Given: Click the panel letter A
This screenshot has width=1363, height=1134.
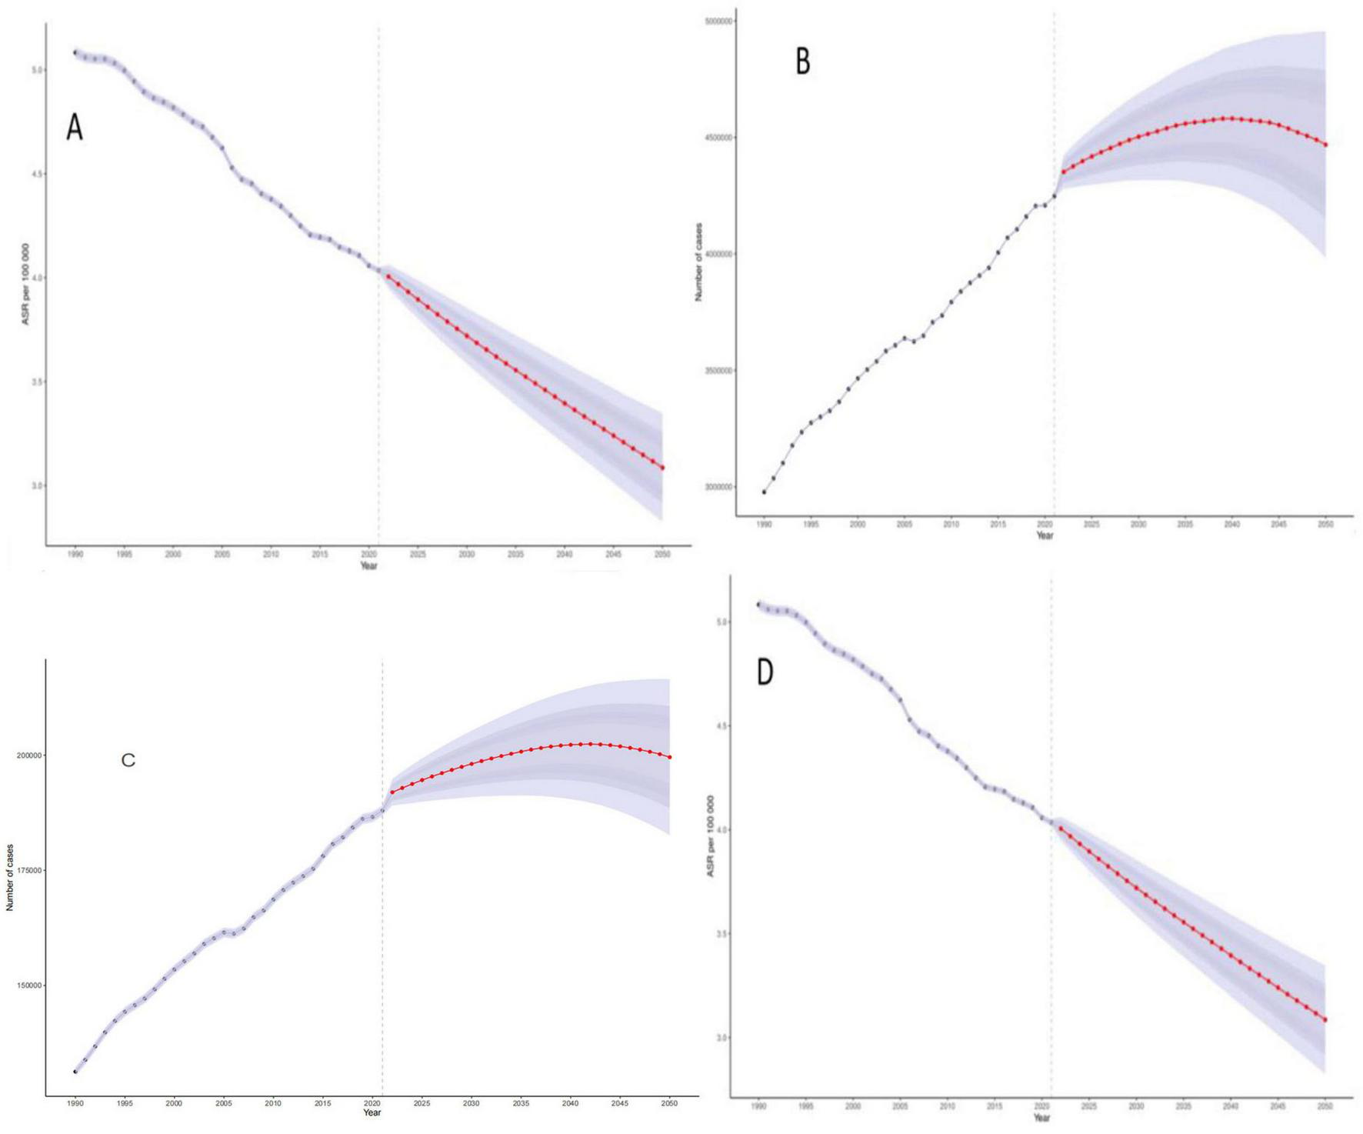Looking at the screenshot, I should click(74, 128).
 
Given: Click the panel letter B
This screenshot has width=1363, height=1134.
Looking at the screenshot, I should click(802, 62).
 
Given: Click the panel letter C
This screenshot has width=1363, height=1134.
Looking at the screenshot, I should click(128, 760).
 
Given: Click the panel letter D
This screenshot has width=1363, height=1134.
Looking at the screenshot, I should click(765, 672).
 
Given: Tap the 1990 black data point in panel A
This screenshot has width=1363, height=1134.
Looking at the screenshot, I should click(75, 52).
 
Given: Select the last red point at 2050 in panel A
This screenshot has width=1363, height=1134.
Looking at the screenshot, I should click(662, 468).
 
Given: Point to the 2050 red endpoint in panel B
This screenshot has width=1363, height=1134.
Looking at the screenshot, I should click(1325, 145).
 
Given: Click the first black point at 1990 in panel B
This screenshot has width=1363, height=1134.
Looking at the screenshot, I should click(764, 492).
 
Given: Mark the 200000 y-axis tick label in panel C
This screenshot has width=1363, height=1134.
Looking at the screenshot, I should click(29, 755).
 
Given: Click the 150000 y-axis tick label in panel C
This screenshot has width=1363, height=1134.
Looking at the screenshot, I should click(29, 986).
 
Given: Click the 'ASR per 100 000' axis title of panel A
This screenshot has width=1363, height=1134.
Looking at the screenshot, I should click(25, 284).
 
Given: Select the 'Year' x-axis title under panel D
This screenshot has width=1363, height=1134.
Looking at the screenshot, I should click(1041, 1117).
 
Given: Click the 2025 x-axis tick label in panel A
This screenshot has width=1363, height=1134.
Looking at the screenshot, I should click(418, 554).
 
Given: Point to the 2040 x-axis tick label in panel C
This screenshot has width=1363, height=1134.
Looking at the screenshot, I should click(570, 1103).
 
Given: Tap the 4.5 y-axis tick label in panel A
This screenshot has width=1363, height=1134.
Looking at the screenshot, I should click(34, 174).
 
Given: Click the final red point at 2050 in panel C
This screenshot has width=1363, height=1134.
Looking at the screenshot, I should click(670, 757).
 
